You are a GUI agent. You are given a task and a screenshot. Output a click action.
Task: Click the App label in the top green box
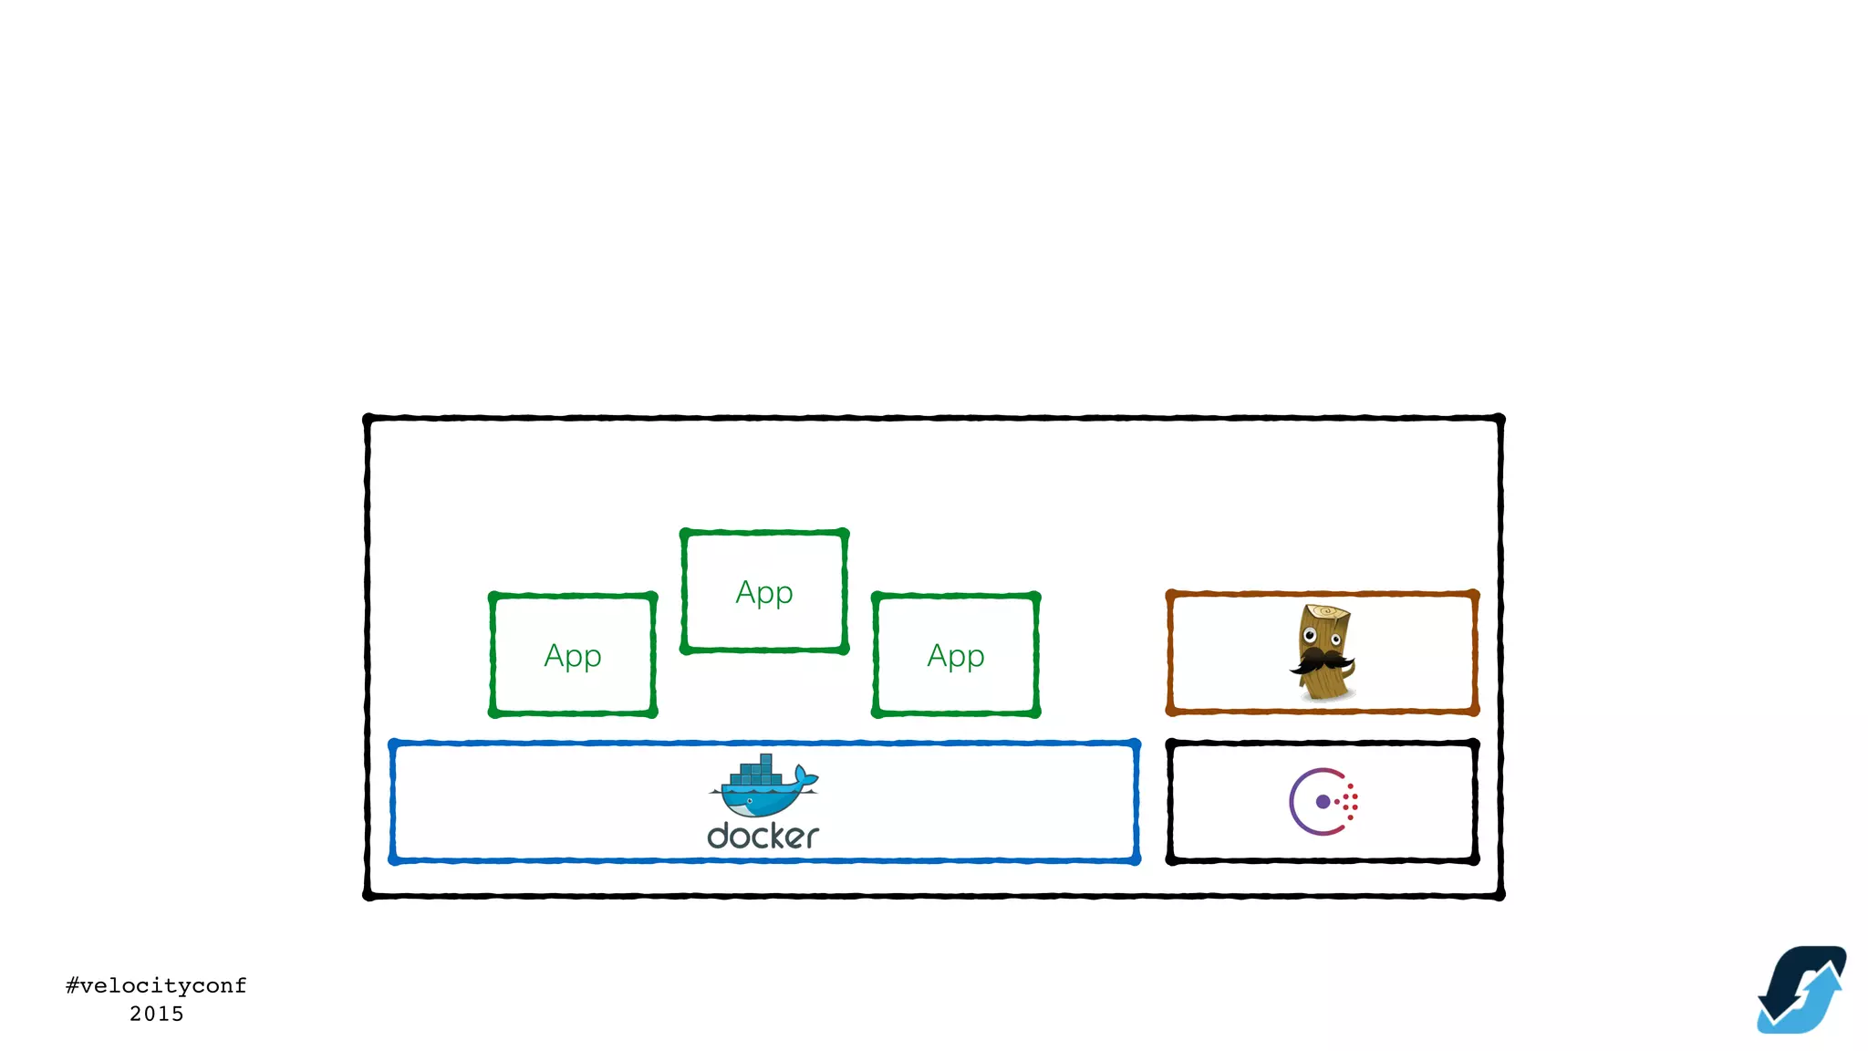click(x=764, y=593)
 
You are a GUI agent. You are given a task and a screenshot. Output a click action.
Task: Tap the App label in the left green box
click(x=573, y=656)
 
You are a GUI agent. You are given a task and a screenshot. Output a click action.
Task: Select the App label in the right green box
click(x=956, y=656)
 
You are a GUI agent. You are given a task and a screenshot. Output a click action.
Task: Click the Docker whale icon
click(x=763, y=787)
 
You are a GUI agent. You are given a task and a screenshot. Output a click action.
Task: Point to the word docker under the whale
click(x=763, y=836)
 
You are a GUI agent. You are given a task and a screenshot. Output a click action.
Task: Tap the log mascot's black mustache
click(x=1321, y=661)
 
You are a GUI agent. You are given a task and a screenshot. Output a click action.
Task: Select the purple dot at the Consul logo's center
click(x=1323, y=802)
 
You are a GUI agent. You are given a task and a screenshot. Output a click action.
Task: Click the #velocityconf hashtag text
click(x=156, y=985)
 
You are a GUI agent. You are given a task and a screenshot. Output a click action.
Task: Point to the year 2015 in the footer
click(x=156, y=1014)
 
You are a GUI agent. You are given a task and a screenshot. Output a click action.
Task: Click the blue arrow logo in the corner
click(x=1801, y=990)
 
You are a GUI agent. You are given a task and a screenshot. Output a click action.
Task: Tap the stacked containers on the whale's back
click(x=757, y=772)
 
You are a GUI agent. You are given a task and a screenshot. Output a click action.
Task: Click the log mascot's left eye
click(x=1310, y=635)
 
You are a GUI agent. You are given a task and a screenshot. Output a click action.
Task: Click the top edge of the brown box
click(x=1323, y=594)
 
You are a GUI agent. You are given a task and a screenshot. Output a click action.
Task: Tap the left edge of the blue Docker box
click(x=393, y=802)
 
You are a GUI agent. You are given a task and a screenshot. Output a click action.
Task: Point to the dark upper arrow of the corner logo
click(x=1792, y=972)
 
